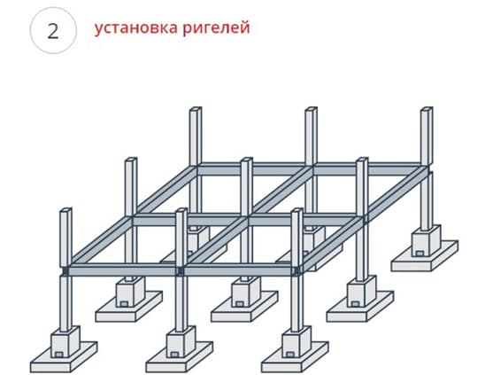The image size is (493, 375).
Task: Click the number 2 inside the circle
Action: click(53, 31)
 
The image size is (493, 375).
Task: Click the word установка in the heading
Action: click(135, 28)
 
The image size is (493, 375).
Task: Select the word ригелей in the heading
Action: click(216, 28)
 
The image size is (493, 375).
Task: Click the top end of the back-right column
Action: click(427, 109)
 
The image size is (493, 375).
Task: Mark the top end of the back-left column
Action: click(196, 109)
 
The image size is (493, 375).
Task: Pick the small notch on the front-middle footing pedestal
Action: click(173, 355)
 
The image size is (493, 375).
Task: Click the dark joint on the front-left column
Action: click(65, 270)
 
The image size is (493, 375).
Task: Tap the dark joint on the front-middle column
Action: click(181, 270)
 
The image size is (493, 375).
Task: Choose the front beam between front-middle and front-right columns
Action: click(239, 270)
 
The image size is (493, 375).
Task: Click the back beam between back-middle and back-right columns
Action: click(368, 169)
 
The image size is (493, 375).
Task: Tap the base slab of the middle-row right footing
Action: click(360, 307)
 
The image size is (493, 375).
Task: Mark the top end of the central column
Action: click(246, 160)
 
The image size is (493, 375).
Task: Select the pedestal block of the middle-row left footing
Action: click(130, 292)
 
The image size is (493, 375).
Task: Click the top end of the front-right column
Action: click(297, 210)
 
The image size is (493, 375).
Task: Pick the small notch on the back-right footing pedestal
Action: click(420, 254)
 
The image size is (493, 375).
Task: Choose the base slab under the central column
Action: click(244, 307)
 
